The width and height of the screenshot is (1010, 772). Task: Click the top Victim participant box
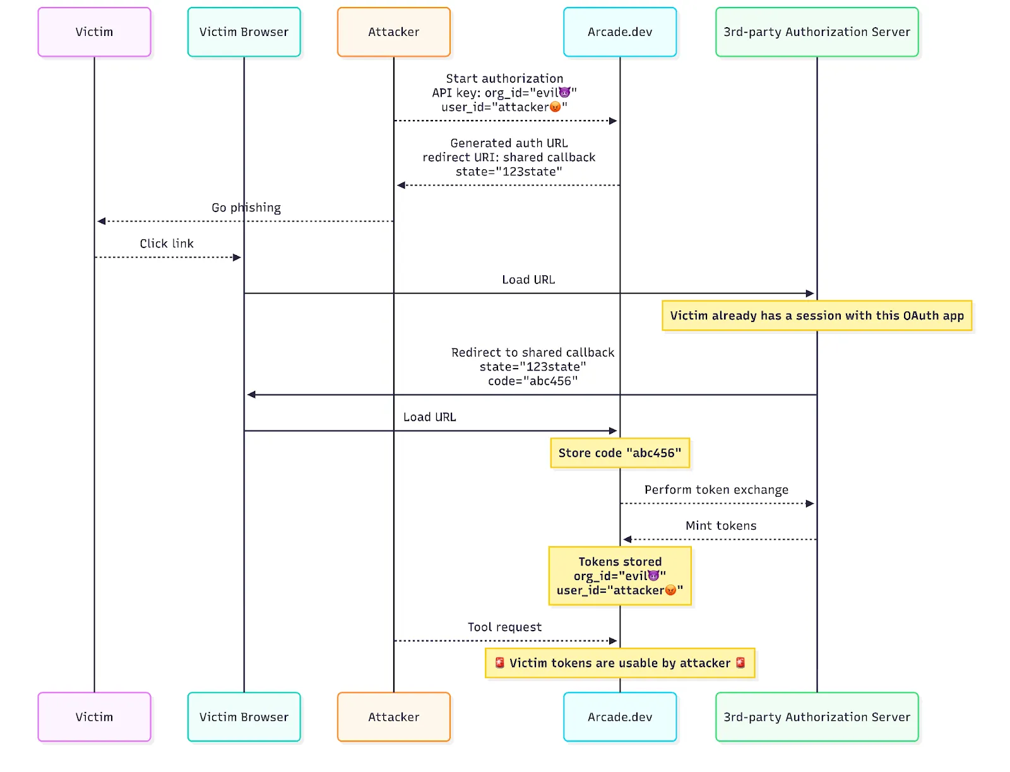pos(94,32)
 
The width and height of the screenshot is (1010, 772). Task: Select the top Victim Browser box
pos(244,32)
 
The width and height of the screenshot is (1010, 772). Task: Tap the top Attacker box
pos(393,32)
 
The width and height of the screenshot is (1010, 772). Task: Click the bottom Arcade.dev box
pos(619,717)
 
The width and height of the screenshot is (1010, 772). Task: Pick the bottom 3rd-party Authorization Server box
pos(816,717)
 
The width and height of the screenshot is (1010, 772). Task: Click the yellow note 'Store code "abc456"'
pos(619,453)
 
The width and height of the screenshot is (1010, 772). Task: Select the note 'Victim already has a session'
pos(816,316)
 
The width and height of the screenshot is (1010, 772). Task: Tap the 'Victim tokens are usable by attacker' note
pos(619,663)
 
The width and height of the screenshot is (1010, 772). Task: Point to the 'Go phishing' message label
pos(246,208)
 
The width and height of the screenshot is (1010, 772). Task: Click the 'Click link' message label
pos(167,244)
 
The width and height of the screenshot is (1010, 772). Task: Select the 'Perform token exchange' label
pos(716,490)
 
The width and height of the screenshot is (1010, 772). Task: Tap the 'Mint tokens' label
pos(720,526)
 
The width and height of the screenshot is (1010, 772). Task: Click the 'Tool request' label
pos(504,627)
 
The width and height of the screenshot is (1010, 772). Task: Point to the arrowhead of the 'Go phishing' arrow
pos(101,222)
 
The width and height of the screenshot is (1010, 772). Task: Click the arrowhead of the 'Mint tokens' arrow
pos(627,540)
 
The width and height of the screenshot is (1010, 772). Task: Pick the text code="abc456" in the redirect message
pos(532,381)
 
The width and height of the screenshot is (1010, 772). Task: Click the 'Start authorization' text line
pos(504,79)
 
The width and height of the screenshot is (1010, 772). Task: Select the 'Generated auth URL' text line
pos(509,143)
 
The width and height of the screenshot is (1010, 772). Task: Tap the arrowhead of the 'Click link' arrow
pos(237,258)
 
